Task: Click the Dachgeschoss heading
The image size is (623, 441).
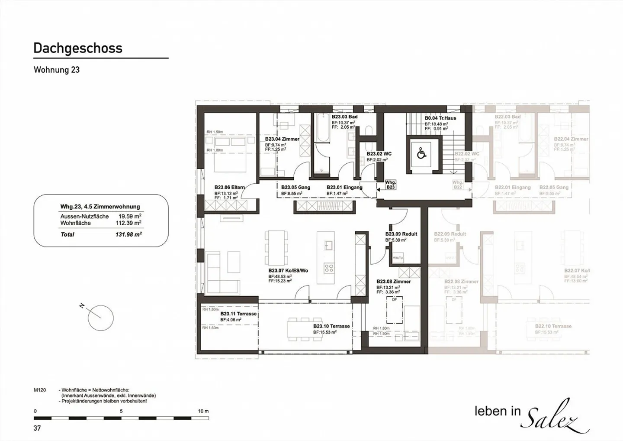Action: (78, 48)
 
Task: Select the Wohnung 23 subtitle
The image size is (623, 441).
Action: (57, 70)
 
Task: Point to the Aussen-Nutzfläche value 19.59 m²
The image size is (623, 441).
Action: (130, 216)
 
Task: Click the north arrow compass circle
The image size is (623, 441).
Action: (100, 318)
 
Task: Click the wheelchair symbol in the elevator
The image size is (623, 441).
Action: (421, 153)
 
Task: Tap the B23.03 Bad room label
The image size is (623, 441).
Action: (344, 117)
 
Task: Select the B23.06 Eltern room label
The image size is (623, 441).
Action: (229, 188)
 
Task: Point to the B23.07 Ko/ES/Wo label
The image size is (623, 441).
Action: (288, 271)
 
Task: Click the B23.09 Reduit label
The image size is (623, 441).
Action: (401, 234)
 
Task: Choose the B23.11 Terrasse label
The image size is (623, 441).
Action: (238, 314)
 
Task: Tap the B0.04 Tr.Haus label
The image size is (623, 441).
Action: (440, 118)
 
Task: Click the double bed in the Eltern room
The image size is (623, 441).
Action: (231, 154)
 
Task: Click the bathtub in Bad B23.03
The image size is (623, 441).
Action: (322, 128)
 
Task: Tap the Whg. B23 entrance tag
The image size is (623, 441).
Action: (390, 185)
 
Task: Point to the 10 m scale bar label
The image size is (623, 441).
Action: (203, 411)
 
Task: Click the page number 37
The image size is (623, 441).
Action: (37, 428)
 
